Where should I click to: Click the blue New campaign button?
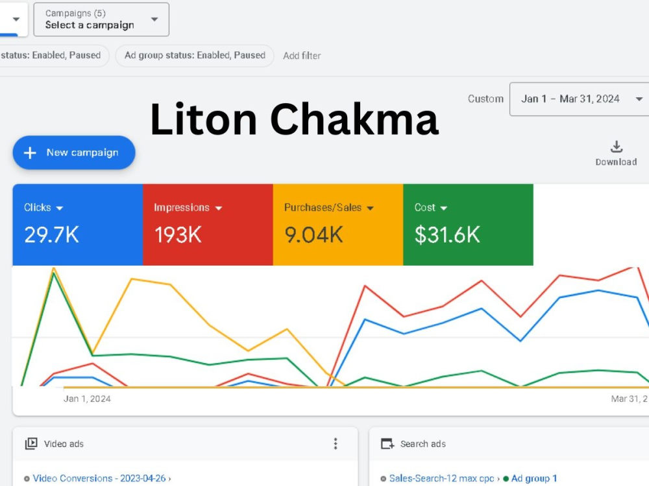click(x=74, y=152)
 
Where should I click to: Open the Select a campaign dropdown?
click(x=101, y=19)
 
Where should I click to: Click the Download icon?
click(x=617, y=146)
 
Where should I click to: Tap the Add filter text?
click(x=302, y=56)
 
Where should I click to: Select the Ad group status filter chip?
click(x=195, y=55)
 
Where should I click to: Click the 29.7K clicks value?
click(x=51, y=235)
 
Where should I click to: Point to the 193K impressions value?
click(x=178, y=235)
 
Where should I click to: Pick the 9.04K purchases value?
click(x=313, y=235)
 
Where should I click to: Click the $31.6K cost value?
click(x=447, y=235)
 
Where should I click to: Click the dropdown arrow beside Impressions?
click(x=219, y=208)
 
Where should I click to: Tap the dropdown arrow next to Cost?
click(x=444, y=208)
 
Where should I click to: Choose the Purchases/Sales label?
click(x=323, y=207)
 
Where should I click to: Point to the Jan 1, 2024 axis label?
click(x=87, y=399)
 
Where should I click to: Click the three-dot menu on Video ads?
click(x=336, y=443)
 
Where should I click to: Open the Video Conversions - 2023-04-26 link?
click(x=99, y=478)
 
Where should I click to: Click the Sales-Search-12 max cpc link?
click(x=441, y=478)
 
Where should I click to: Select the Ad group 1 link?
click(x=534, y=478)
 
